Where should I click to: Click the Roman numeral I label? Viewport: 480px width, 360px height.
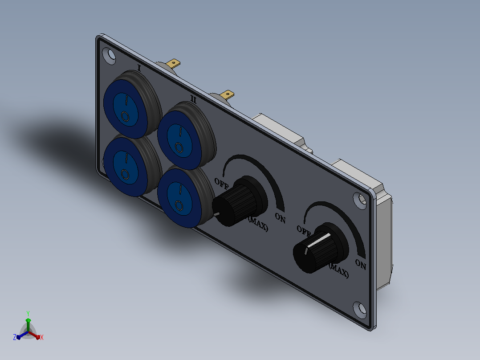tap(139, 68)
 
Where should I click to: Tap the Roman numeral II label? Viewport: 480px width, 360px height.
tap(193, 99)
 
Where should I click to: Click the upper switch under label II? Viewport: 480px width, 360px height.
tap(186, 136)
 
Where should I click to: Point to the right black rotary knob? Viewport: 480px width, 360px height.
tap(320, 248)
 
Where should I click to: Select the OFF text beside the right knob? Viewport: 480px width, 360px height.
tap(304, 230)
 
